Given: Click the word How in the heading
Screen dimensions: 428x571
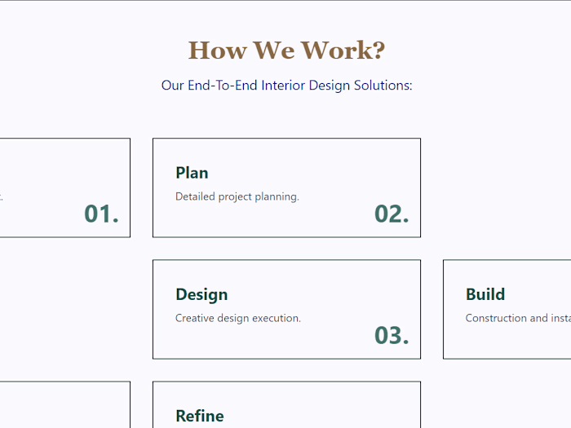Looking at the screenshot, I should (217, 51).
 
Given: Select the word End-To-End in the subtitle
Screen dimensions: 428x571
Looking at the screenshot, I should (223, 85).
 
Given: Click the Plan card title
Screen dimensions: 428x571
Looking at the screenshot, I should (192, 173).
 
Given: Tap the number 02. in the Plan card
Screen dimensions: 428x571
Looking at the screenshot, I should (392, 214).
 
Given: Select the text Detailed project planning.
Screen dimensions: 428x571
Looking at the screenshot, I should (237, 196).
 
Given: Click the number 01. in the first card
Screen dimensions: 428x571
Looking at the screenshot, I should (101, 214).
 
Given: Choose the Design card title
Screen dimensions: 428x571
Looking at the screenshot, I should (201, 294).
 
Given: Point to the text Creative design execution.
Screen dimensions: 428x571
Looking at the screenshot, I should (238, 318).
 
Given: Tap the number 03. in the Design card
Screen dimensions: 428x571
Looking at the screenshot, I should (392, 335).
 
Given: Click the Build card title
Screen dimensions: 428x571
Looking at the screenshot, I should (485, 294).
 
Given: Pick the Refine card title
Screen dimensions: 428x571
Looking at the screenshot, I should (199, 416).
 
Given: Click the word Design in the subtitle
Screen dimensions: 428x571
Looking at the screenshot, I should (330, 85).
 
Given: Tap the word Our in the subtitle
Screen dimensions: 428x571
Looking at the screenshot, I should (172, 85).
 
